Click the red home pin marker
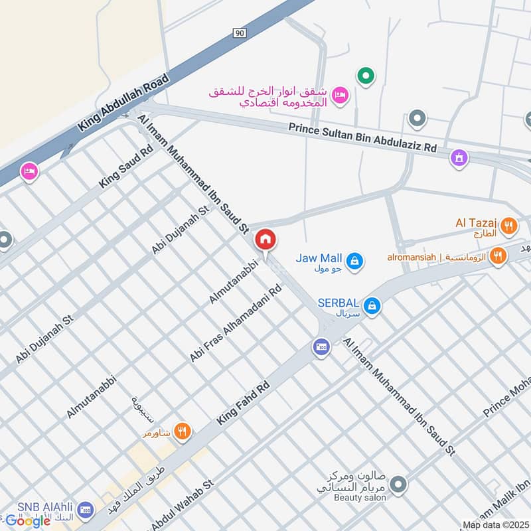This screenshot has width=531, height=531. pos(265,240)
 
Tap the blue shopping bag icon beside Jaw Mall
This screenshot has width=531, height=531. pos(356,260)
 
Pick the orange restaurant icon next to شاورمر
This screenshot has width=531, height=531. pos(183,433)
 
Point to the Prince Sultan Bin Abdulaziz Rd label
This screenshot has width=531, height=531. pos(362,137)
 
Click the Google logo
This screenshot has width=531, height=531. pos(28,521)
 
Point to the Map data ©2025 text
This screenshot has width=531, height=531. pos(496,524)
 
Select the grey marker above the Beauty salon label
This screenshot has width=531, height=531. pos(398,485)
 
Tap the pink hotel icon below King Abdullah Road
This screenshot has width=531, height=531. pos(30,172)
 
